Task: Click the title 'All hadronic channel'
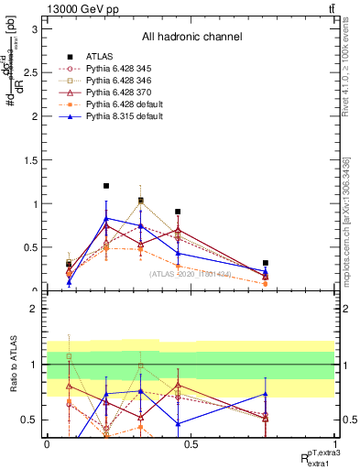191,38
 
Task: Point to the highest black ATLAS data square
106,186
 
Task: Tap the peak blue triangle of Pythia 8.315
106,219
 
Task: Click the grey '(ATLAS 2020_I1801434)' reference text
191,274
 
